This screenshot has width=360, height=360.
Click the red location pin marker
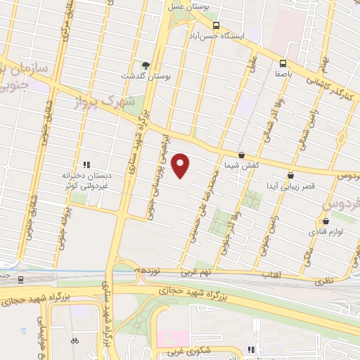coord(181,165)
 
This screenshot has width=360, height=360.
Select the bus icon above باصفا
coord(283,62)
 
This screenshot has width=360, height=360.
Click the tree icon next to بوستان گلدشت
coord(146,65)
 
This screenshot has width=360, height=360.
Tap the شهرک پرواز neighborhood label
coord(103,98)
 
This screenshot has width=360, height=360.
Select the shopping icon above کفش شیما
coord(242,154)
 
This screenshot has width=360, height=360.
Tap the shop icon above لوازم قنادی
coord(316,219)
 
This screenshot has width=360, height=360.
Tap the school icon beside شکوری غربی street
coord(251,348)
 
